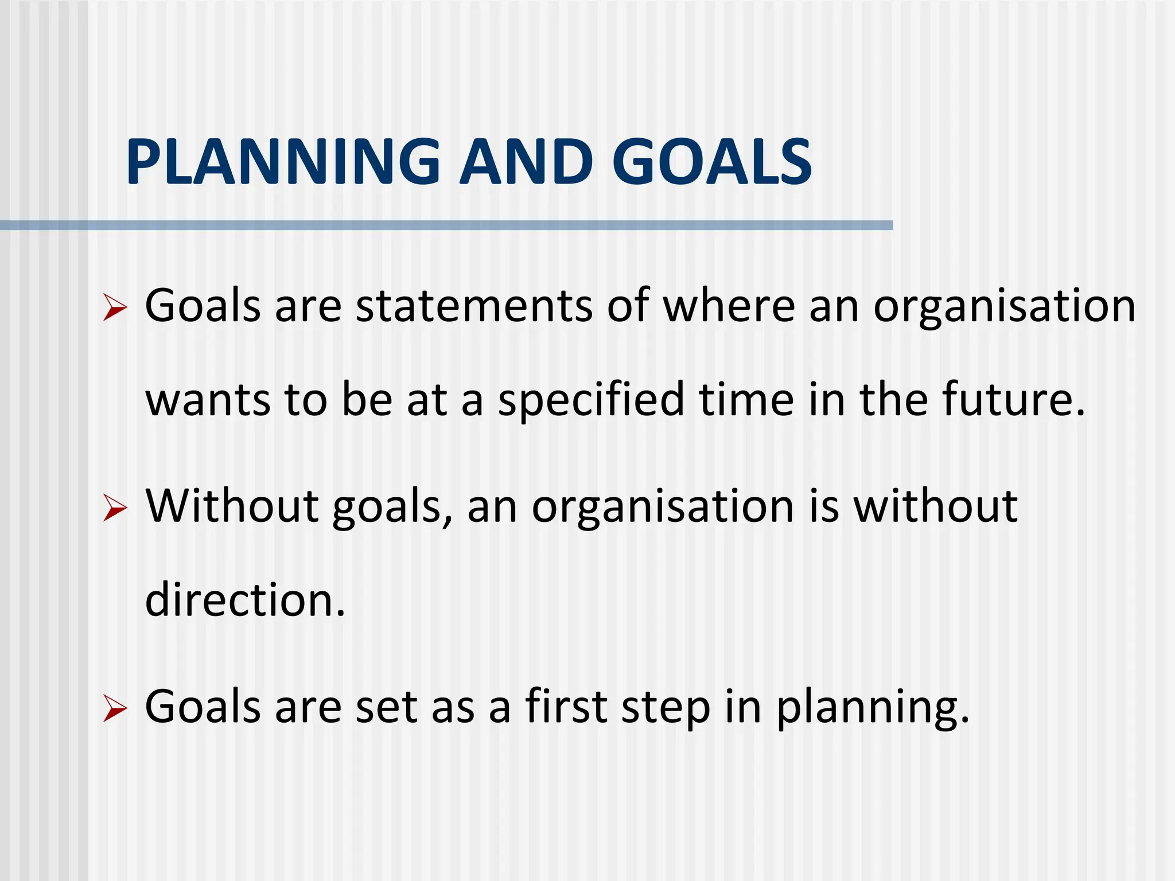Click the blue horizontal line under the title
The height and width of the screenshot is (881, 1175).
click(446, 225)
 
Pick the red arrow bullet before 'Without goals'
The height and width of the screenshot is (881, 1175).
click(115, 509)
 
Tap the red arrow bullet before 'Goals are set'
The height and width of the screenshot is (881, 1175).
click(115, 709)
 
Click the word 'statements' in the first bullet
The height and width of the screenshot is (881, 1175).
click(474, 306)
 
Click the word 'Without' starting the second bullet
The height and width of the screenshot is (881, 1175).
click(232, 506)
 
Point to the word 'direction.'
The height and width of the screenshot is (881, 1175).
click(245, 600)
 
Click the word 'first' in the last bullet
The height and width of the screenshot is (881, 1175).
click(566, 706)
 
